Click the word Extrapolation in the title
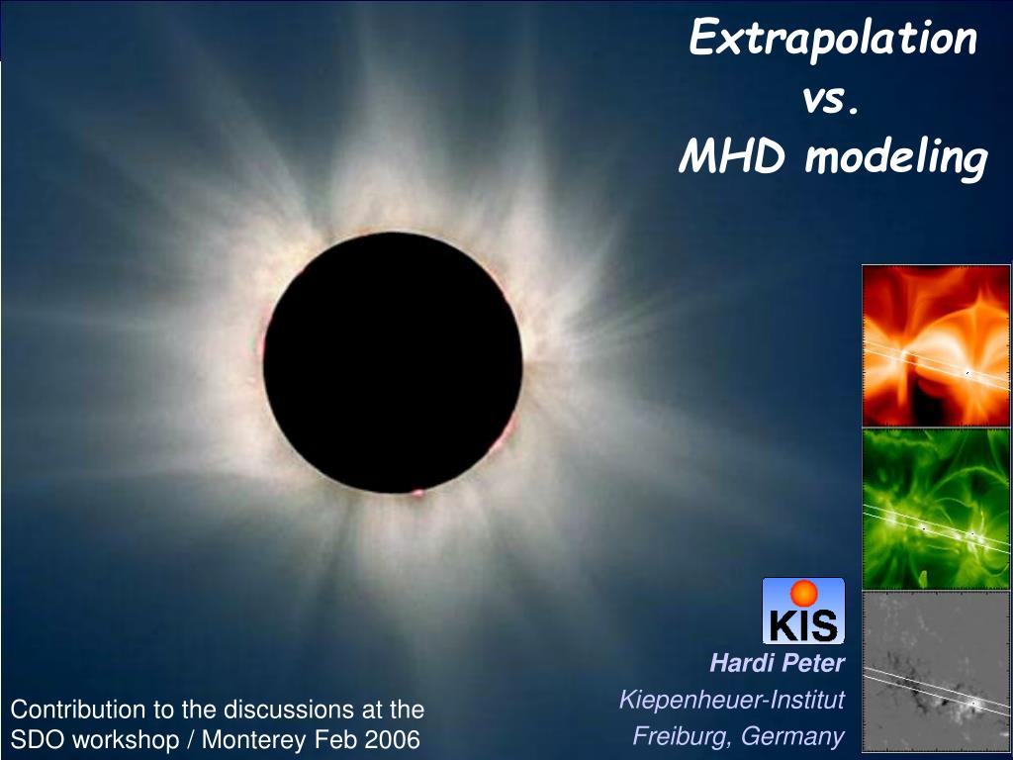click(x=833, y=39)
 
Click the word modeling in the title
click(x=896, y=159)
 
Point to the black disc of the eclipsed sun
click(x=393, y=362)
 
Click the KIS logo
click(x=803, y=611)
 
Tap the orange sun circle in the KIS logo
click(x=803, y=593)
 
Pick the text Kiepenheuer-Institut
click(x=731, y=700)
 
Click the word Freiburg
click(x=683, y=736)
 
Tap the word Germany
click(x=792, y=736)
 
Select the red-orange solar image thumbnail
click(x=936, y=345)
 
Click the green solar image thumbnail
click(x=936, y=509)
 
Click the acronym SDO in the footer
click(x=33, y=739)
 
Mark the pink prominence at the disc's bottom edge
click(x=417, y=493)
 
